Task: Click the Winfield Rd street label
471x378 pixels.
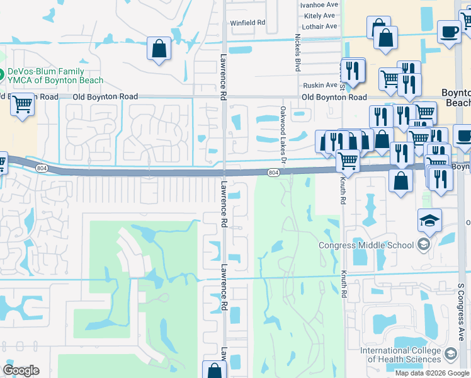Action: [x=248, y=23]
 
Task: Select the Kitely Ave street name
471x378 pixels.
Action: [x=319, y=15]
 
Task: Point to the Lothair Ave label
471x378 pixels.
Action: [x=319, y=26]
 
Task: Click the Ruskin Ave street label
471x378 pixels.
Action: [x=320, y=85]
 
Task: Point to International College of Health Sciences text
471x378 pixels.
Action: [x=401, y=355]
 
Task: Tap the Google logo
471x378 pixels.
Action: [x=21, y=370]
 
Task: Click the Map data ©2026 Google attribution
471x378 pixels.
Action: [x=432, y=373]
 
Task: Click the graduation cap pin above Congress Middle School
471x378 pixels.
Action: [x=430, y=220]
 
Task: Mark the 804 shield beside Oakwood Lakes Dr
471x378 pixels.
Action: [x=273, y=173]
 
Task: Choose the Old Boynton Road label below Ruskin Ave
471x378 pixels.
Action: [x=334, y=97]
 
